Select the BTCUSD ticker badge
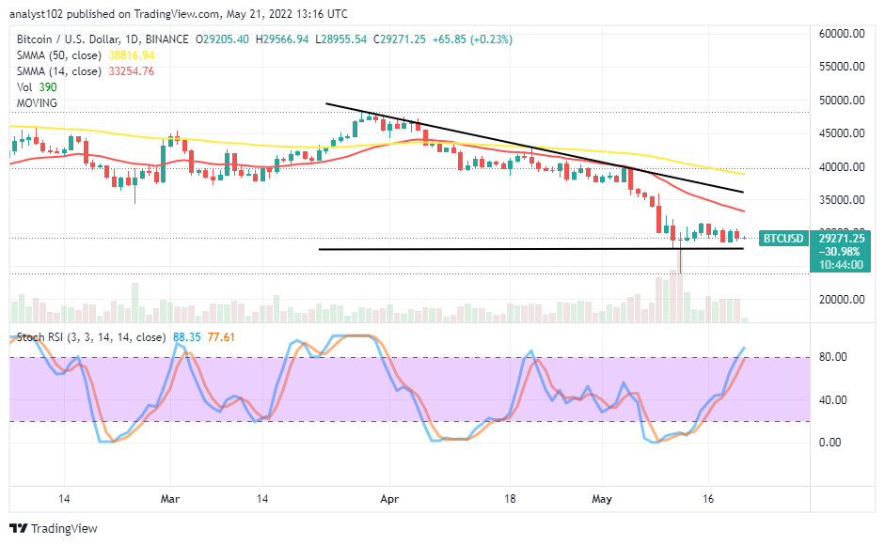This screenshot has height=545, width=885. [782, 239]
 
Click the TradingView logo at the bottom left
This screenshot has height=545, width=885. [55, 529]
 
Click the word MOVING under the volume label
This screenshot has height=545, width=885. [36, 102]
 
